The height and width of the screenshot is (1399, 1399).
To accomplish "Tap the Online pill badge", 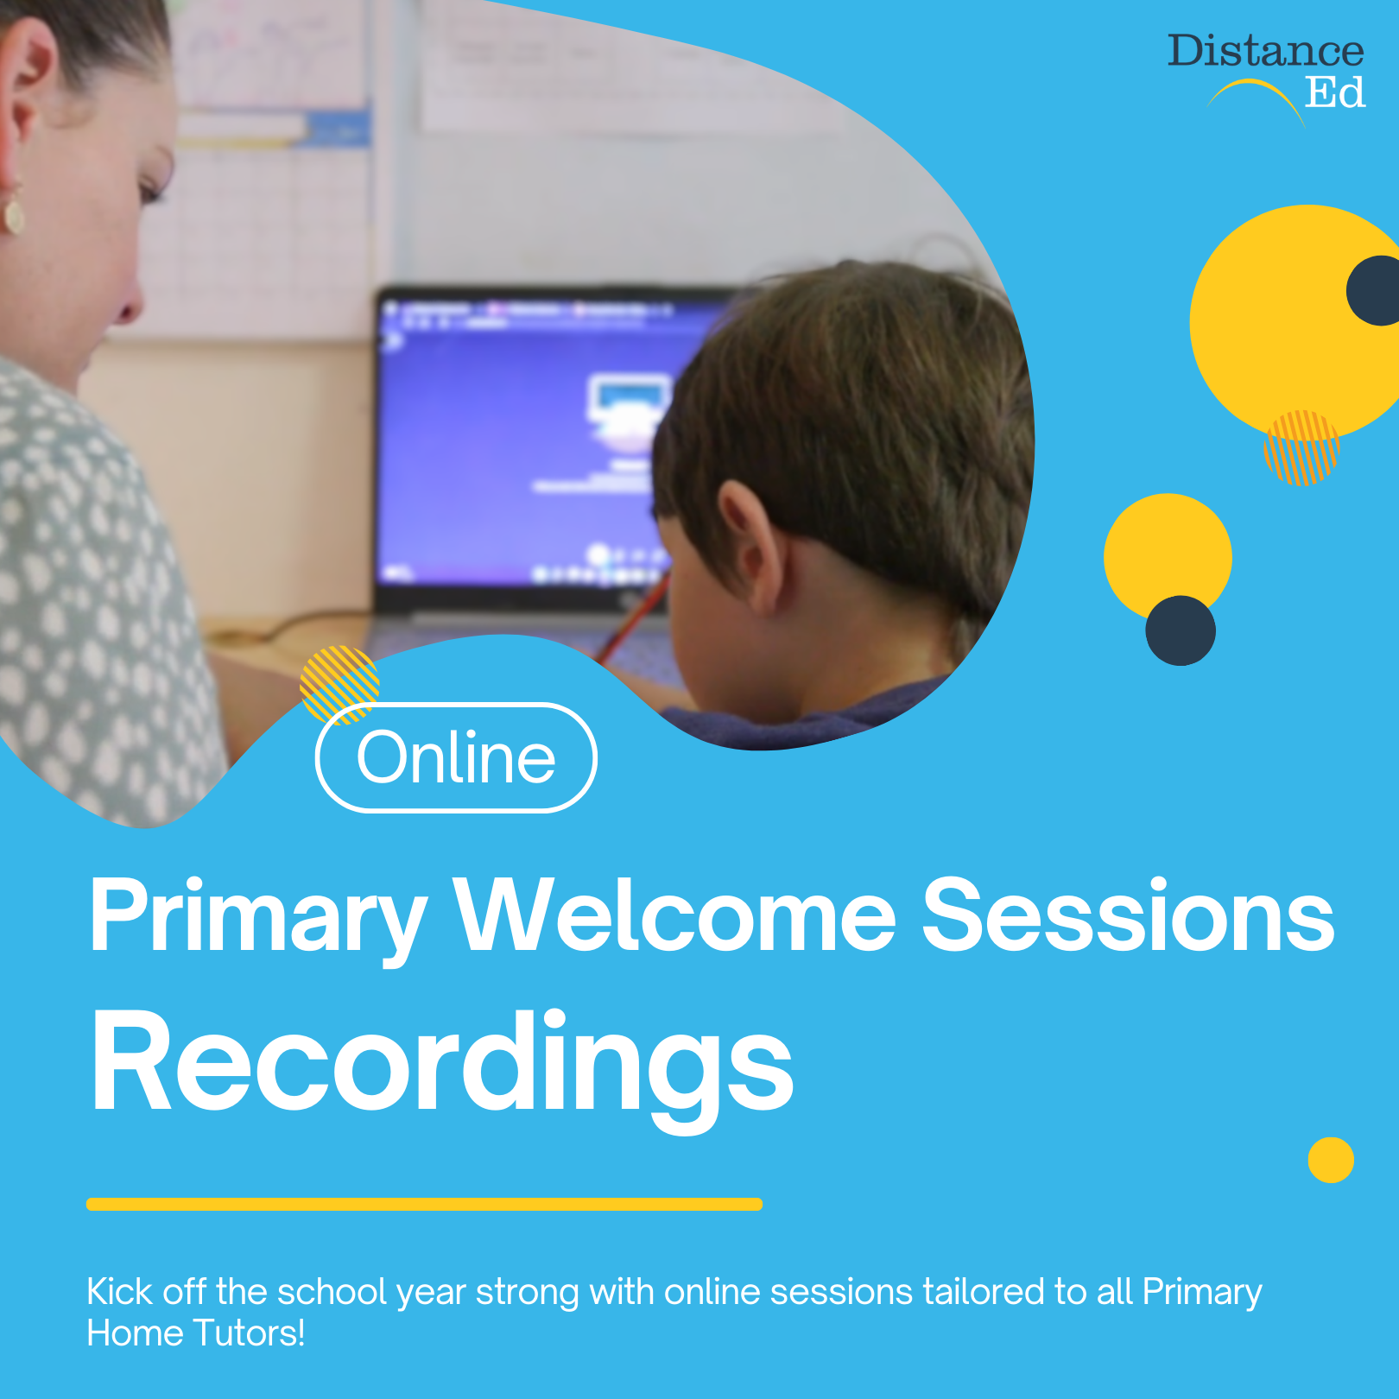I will (456, 757).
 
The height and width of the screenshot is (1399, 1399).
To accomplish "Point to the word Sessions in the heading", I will (1128, 915).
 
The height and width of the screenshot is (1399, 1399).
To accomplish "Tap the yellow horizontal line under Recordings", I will (424, 1204).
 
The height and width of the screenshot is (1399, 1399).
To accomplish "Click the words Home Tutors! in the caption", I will (196, 1333).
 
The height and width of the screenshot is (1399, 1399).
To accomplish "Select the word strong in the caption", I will (527, 1292).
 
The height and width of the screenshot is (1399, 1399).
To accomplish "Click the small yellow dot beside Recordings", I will (1331, 1160).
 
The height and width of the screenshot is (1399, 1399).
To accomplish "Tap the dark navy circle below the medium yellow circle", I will (1181, 630).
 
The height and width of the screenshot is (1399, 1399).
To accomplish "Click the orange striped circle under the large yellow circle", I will (1301, 447).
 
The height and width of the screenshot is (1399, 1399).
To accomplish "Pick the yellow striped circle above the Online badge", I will (339, 682).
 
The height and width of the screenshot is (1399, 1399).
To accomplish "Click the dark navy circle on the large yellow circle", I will (1377, 290).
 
